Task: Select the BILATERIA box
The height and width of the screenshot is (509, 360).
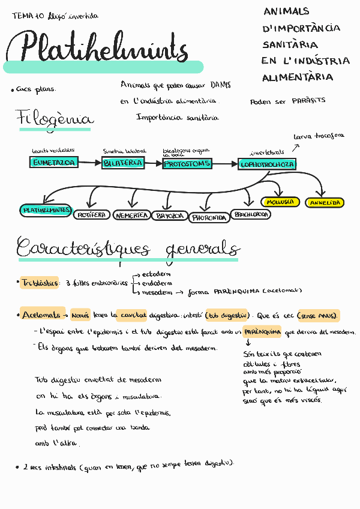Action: coord(122,163)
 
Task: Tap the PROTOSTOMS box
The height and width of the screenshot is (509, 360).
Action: coord(187,163)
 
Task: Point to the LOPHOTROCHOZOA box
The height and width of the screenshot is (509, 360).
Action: coord(266,163)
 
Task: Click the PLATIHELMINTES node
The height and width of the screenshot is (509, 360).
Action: coord(46,210)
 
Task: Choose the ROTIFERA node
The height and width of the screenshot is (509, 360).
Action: coord(92,214)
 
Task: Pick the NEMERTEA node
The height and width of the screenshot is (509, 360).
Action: coord(131,215)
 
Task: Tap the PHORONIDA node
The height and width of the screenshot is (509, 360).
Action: coord(209,217)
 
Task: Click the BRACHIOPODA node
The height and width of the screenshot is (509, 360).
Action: coord(251,214)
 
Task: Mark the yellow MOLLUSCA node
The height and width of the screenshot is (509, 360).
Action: coord(280,202)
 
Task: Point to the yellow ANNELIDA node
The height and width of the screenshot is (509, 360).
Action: coord(325,203)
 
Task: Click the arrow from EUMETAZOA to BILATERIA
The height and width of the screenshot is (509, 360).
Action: coord(89,162)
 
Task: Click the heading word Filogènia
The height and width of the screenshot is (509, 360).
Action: coord(54,118)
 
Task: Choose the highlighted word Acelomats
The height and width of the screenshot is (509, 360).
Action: coord(41,314)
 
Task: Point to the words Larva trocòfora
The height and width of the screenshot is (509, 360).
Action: coord(319,136)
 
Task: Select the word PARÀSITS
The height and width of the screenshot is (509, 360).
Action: coord(308,100)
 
